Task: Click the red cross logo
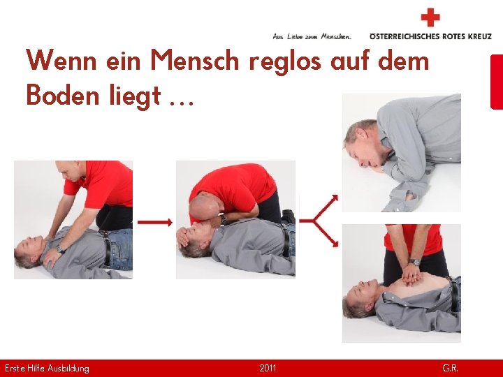(x=431, y=17)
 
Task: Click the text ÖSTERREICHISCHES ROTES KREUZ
(x=430, y=36)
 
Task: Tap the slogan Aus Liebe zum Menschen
(x=312, y=36)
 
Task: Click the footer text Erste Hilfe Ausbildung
(x=47, y=368)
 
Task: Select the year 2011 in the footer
(x=268, y=368)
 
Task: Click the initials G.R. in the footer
(x=450, y=368)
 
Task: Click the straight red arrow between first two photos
(x=154, y=222)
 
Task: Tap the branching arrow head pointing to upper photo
(x=333, y=199)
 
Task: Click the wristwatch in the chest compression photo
(x=415, y=263)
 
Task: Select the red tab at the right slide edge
(x=497, y=82)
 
